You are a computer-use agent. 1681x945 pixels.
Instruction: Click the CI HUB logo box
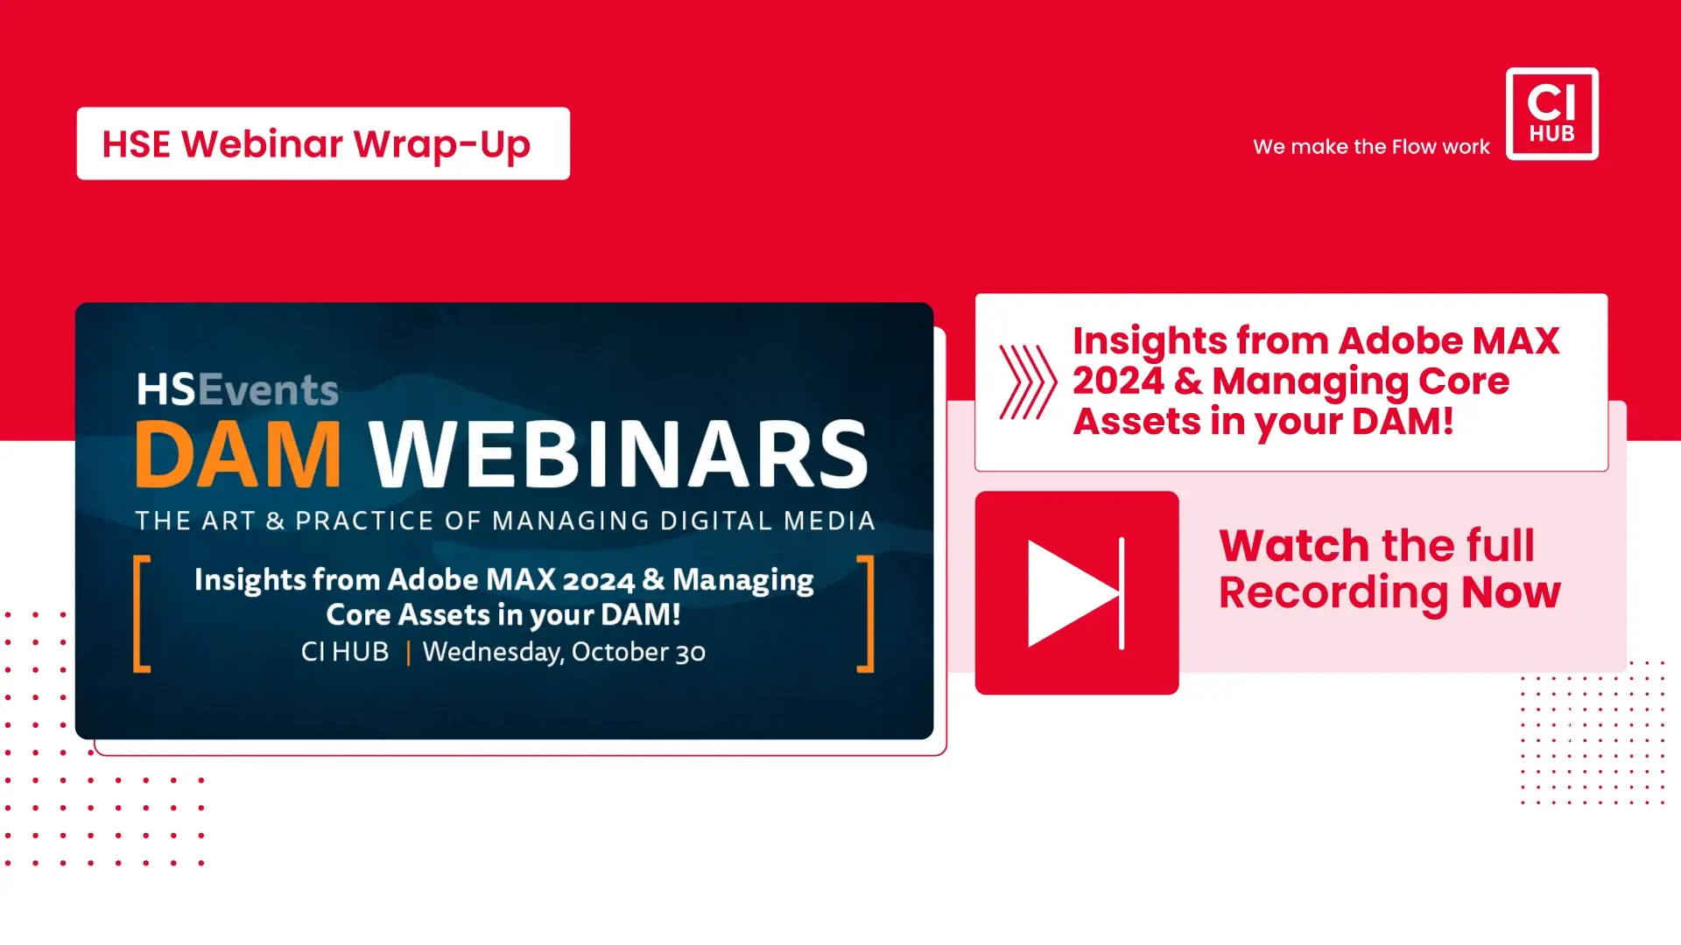click(x=1551, y=114)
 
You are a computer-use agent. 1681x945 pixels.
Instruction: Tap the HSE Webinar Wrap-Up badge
click(x=323, y=143)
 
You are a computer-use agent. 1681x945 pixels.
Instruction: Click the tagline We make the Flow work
click(x=1371, y=147)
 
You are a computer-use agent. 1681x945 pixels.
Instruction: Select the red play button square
click(x=1077, y=592)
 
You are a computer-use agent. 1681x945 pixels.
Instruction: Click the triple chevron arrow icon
click(x=1028, y=381)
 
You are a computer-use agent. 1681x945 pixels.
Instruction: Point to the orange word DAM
click(x=237, y=454)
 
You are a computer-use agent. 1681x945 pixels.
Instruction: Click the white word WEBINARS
click(x=618, y=454)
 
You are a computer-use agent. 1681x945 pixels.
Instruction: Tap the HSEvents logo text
click(x=237, y=389)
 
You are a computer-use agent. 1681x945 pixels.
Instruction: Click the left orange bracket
click(x=141, y=613)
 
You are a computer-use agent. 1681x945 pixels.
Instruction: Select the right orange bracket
click(x=866, y=613)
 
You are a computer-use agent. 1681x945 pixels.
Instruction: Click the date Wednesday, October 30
click(x=564, y=653)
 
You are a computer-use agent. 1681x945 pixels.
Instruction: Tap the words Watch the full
click(x=1376, y=545)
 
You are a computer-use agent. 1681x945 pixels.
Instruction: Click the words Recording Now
click(x=1389, y=593)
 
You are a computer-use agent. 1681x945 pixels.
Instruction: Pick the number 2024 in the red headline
click(x=1118, y=381)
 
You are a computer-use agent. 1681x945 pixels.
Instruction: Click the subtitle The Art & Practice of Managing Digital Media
click(x=505, y=521)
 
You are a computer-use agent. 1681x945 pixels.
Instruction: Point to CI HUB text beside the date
click(x=345, y=652)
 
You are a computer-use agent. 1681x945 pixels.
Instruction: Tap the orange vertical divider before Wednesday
click(x=408, y=653)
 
